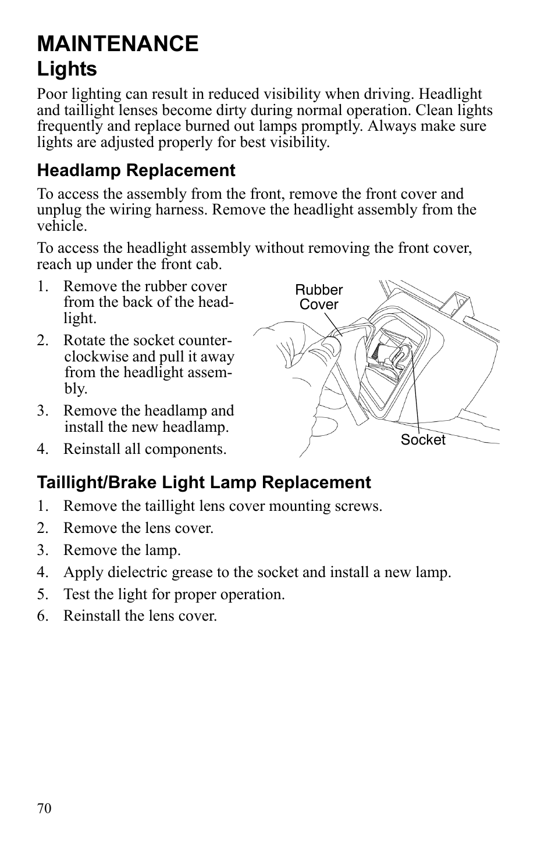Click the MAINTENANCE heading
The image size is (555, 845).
click(x=118, y=44)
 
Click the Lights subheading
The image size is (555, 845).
click(x=67, y=69)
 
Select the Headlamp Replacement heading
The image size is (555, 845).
click(x=136, y=170)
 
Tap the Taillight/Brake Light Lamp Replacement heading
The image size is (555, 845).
click(x=204, y=482)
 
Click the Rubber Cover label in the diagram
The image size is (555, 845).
click(x=319, y=297)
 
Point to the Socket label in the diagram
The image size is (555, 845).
click(x=422, y=440)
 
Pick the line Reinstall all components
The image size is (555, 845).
click(x=144, y=449)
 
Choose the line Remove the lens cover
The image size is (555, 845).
click(x=138, y=528)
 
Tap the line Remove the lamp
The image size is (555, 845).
click(x=122, y=550)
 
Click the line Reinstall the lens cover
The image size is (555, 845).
click(x=140, y=616)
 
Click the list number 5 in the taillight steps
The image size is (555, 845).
click(x=41, y=595)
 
